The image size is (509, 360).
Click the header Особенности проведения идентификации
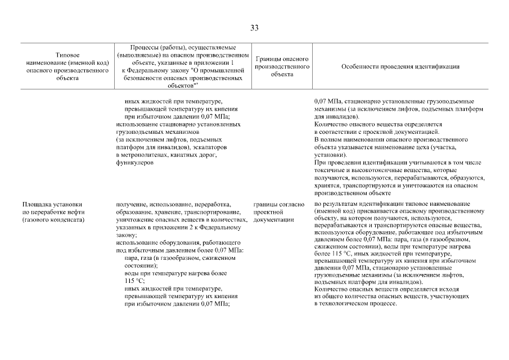[400, 66]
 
